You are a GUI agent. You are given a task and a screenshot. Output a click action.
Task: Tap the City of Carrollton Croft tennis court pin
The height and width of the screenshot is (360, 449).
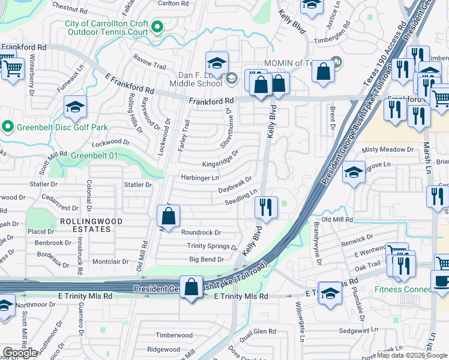tap(157, 27)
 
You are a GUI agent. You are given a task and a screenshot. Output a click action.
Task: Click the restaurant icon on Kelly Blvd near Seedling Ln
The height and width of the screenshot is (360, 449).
tap(265, 208)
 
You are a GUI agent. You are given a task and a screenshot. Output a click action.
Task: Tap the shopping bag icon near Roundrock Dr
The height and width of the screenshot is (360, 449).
tap(169, 217)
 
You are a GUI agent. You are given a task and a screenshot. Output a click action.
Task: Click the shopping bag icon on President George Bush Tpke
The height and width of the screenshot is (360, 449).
tap(191, 287)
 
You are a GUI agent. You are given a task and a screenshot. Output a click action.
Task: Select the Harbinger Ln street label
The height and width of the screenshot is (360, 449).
tap(200, 178)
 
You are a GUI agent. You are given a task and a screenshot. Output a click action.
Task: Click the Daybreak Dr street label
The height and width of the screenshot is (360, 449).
tap(235, 184)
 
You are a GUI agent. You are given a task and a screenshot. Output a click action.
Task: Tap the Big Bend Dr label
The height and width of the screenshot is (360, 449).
tap(206, 259)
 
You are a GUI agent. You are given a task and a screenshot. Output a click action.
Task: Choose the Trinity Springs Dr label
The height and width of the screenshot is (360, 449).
tap(212, 246)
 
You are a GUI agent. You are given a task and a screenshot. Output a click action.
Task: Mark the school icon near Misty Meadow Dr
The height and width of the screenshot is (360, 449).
tap(354, 172)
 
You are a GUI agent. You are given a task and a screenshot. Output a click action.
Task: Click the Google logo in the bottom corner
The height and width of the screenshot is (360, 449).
tap(20, 353)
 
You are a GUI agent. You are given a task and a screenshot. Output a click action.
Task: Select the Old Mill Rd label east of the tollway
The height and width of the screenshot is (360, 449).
tap(337, 220)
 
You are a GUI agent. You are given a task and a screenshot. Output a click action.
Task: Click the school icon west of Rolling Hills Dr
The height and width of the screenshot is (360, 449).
tap(75, 107)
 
